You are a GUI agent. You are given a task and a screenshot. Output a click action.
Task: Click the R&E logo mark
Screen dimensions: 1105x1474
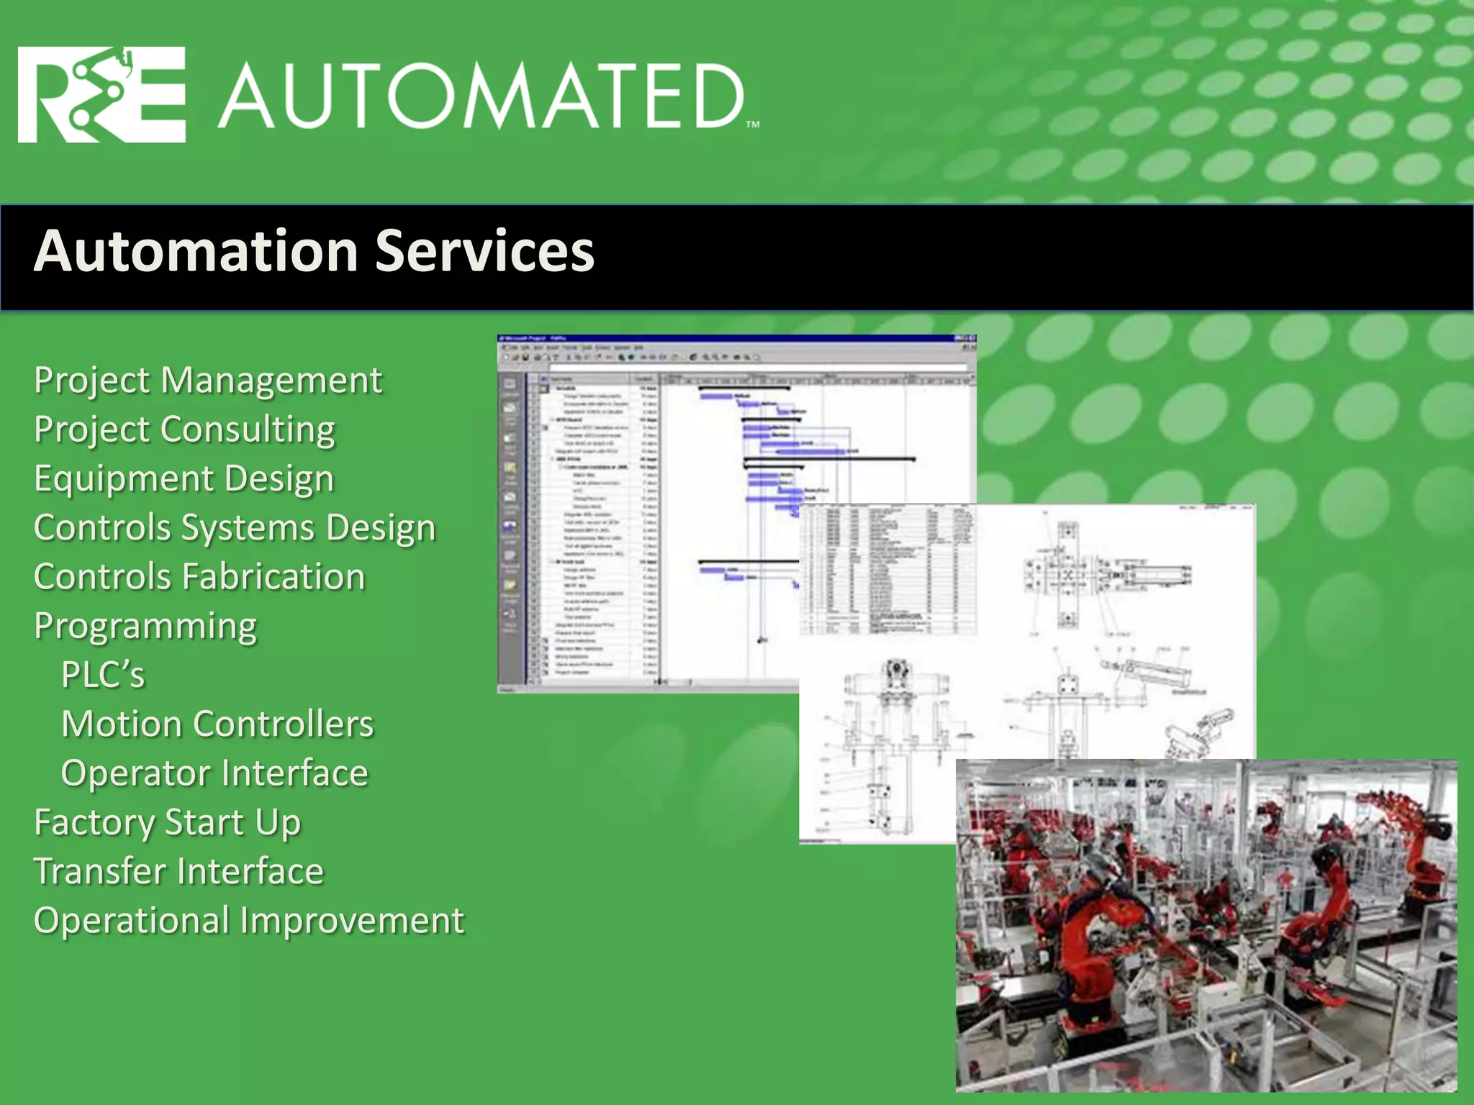101,95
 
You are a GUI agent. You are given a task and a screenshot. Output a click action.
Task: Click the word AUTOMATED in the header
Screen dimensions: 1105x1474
481,96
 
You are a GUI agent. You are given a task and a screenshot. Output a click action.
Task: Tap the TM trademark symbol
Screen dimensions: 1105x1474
753,124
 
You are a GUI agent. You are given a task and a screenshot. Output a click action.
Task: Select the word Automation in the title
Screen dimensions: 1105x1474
196,251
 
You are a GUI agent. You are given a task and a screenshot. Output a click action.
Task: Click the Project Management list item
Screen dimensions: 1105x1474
207,380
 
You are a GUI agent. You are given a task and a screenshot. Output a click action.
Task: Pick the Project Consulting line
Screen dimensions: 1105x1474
184,429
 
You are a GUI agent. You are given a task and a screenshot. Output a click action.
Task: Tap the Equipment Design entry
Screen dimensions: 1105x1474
184,478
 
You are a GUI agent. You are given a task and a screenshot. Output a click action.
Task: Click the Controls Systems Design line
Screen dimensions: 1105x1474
235,527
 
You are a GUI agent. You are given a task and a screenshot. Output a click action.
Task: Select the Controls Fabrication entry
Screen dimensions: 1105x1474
199,577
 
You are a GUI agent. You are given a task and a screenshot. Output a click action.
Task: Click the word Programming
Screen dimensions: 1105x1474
145,626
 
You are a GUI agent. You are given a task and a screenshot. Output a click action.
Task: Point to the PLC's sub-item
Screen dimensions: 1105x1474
103,675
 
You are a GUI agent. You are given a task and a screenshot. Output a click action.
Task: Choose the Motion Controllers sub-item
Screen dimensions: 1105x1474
217,724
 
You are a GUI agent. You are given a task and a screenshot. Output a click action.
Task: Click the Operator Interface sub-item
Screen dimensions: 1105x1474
214,773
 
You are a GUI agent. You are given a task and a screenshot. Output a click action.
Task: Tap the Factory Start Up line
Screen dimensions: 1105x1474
167,822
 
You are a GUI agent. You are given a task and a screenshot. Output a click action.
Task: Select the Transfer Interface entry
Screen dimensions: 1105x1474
178,871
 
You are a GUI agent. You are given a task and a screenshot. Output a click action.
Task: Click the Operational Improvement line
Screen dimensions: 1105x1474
249,921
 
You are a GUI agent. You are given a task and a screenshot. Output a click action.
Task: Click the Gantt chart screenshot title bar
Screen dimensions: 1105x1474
734,338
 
